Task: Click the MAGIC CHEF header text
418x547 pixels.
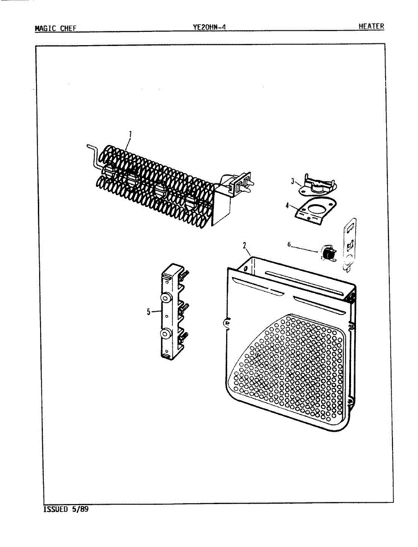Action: pos(55,28)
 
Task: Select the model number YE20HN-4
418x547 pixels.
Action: pos(209,27)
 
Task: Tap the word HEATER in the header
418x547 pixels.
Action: pos(371,26)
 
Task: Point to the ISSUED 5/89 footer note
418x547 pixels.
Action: pos(66,509)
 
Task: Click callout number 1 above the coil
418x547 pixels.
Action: pos(130,134)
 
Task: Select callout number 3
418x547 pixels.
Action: pos(293,181)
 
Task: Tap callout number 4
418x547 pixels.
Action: pos(287,205)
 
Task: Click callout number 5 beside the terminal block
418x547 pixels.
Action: pos(148,312)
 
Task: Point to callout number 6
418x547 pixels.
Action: pos(289,244)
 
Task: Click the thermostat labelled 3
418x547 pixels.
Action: pos(316,183)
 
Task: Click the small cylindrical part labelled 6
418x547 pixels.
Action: pos(327,252)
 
